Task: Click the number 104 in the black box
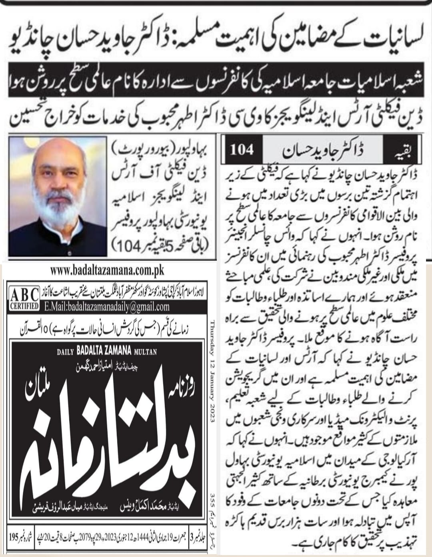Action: tap(242, 150)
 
